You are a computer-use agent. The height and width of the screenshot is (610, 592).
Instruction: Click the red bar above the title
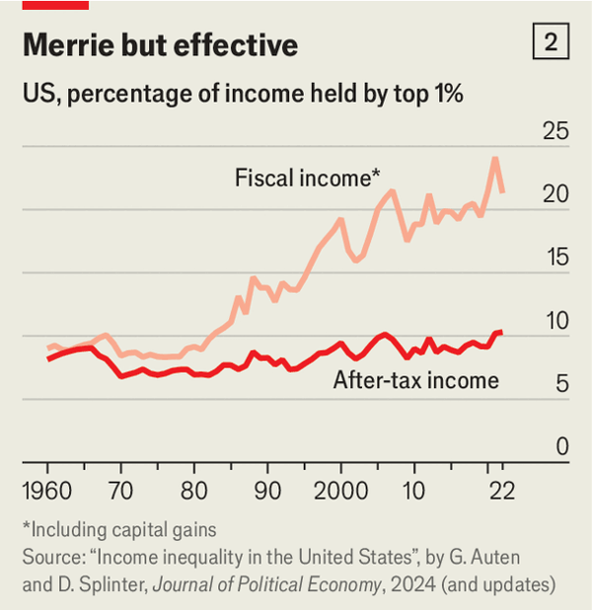(x=55, y=5)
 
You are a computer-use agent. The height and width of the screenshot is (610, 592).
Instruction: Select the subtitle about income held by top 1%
(x=243, y=95)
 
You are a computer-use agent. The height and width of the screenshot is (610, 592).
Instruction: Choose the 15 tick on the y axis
(x=556, y=258)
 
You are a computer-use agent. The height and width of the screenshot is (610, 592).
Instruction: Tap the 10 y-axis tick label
(x=556, y=321)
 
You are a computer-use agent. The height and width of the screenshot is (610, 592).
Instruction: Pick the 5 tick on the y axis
(x=562, y=384)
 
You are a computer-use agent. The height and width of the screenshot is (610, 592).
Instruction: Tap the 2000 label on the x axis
(x=340, y=491)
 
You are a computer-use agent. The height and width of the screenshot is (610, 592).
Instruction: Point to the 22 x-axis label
(x=502, y=491)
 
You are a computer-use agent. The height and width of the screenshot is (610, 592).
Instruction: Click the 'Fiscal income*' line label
(x=308, y=179)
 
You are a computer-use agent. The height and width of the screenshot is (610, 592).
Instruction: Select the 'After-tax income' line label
(x=415, y=380)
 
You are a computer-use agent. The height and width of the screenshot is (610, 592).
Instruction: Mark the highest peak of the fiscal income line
(x=495, y=158)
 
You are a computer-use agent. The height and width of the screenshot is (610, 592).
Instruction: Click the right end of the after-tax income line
(x=502, y=332)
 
